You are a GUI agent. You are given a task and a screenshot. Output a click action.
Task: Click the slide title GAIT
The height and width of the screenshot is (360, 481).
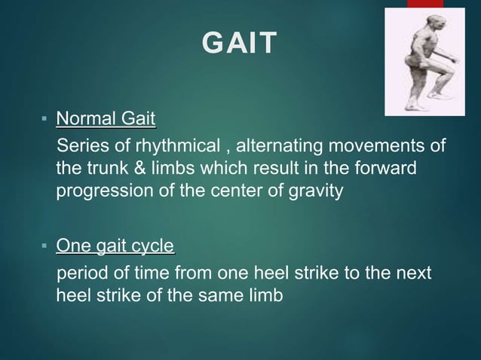pyautogui.click(x=240, y=44)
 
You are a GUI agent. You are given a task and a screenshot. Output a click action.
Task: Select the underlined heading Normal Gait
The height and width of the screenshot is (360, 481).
pyautogui.click(x=106, y=118)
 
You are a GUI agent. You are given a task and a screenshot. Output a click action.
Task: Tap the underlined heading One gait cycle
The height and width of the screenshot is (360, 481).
pyautogui.click(x=115, y=246)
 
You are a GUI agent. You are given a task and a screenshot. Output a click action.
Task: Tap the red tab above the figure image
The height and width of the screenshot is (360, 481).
pyautogui.click(x=425, y=4)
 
